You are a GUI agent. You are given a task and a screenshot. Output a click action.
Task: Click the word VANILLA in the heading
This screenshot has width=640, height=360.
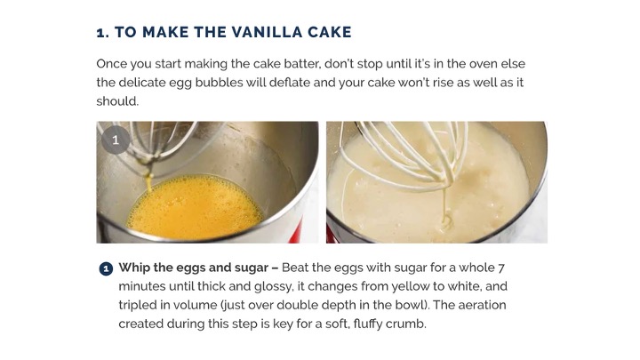[x=268, y=32]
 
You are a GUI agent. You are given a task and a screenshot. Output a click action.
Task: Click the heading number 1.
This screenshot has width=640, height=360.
[x=102, y=33]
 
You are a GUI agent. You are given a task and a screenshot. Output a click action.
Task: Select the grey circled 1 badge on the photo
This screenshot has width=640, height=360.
[x=116, y=140]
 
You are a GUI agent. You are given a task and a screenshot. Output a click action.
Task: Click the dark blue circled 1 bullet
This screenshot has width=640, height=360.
[x=106, y=269]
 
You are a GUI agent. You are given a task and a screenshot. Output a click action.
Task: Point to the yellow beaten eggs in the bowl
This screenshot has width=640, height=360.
[x=195, y=207]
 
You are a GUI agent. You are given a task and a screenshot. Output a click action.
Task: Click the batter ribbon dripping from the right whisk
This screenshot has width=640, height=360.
[x=446, y=208]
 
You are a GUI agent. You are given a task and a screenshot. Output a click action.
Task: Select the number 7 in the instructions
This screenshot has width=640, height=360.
[x=501, y=268]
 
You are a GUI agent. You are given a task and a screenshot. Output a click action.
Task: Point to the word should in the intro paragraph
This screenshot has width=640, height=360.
[x=117, y=101]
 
